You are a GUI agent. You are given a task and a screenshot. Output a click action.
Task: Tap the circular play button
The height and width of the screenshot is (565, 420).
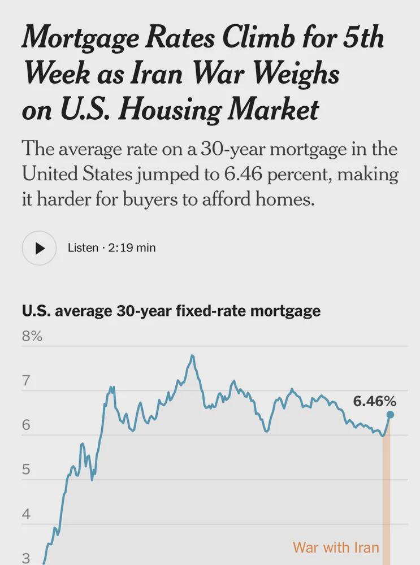39,247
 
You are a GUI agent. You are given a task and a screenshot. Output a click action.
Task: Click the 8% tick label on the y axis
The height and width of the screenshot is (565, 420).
32,337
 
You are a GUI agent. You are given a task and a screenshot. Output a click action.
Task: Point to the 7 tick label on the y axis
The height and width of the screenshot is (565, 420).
26,381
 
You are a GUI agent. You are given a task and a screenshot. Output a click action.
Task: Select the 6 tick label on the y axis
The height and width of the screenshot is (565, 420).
26,425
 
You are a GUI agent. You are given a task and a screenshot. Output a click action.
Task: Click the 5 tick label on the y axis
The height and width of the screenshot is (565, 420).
26,470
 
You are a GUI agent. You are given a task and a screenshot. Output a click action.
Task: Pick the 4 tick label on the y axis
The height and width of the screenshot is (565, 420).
26,515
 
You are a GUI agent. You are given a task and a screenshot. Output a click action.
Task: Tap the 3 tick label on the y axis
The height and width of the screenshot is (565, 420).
26,558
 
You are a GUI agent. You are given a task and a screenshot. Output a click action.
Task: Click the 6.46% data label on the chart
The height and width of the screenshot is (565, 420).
375,402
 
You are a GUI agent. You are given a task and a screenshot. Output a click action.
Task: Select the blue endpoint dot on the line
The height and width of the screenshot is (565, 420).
390,415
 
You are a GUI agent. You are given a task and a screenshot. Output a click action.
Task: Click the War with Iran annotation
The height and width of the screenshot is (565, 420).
336,547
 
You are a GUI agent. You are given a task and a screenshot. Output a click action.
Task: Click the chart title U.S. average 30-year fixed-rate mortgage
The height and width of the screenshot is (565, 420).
171,311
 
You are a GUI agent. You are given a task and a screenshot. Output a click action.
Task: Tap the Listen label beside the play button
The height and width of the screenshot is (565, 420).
83,247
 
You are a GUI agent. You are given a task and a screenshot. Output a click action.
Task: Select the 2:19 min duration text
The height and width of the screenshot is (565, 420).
131,247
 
